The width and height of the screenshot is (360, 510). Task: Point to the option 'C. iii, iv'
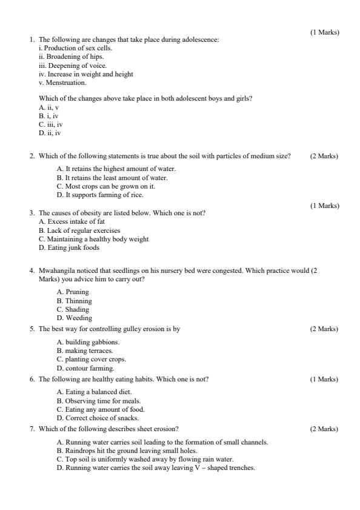click(50, 124)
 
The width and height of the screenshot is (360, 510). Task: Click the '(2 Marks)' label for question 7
click(324, 429)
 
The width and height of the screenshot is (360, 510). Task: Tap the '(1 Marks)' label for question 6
click(324, 380)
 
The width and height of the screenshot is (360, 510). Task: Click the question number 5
click(32, 329)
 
